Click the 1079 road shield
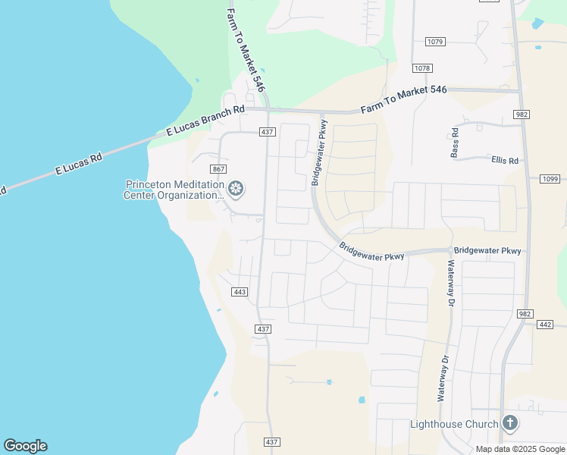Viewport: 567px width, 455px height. point(434,41)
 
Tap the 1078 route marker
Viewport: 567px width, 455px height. point(422,68)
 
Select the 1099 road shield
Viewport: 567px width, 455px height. point(550,179)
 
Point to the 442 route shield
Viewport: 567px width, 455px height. point(544,325)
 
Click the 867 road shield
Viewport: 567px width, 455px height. point(219,168)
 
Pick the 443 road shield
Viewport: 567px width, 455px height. point(240,292)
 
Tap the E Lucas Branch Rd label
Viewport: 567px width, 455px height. point(206,121)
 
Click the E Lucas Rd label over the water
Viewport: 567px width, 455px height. point(79,165)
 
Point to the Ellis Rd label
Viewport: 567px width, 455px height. point(504,160)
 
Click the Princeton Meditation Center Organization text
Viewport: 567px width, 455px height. point(174,190)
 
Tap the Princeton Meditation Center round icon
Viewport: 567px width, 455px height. point(236,188)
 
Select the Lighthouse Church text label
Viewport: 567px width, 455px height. point(454,424)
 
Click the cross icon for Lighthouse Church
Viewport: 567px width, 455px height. point(510,423)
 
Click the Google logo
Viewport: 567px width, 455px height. point(25,446)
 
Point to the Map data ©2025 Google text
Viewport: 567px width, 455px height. point(520,449)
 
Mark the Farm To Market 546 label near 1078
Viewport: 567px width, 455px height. point(403,99)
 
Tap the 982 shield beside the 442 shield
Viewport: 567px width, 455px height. point(525,314)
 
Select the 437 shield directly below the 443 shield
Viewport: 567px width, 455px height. point(263,329)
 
